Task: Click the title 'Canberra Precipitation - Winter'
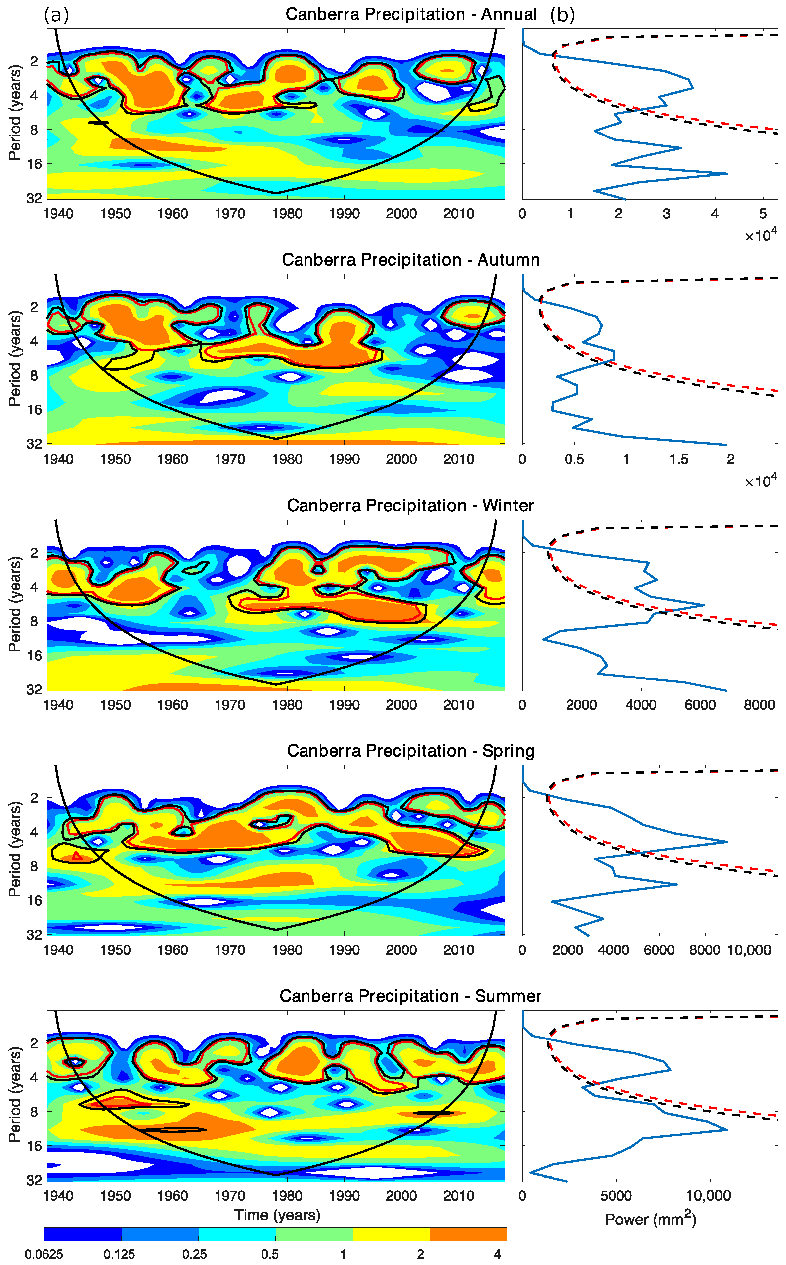410,505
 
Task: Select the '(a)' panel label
56,15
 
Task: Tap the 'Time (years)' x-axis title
277,1215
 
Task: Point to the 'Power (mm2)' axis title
650,1219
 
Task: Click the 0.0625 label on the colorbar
44,1254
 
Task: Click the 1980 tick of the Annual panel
287,214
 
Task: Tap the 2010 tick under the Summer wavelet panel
458,1195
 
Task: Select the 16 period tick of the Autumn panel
34,410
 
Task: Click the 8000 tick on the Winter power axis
759,705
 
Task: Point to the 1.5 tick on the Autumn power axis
678,459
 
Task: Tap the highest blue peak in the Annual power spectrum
726,174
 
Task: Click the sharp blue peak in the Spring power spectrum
726,841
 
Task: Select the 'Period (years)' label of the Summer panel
15,1094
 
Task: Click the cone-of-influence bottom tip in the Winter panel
276,684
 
